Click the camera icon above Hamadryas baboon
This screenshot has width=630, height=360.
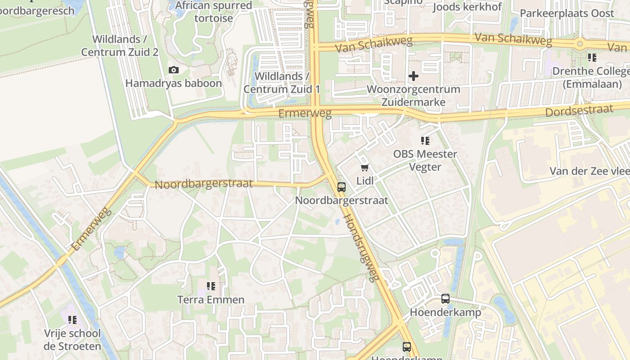tap(174, 70)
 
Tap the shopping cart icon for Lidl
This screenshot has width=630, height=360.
tap(364, 168)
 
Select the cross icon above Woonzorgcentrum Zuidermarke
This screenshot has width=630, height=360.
tap(413, 76)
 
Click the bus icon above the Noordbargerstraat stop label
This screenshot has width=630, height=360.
tap(342, 187)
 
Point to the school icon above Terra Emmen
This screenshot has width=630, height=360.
tap(211, 286)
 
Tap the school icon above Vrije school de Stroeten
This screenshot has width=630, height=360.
tap(72, 320)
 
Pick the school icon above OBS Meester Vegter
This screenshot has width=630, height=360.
tap(425, 141)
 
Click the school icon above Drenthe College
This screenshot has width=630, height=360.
tap(592, 58)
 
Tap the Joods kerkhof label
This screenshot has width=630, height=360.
tap(467, 7)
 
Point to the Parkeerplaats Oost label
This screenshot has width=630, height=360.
tap(567, 13)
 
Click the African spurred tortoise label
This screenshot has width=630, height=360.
tap(214, 12)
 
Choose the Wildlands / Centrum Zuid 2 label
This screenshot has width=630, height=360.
tap(120, 45)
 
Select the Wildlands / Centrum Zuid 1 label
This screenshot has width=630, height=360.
tap(282, 83)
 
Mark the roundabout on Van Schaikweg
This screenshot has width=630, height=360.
tap(580, 44)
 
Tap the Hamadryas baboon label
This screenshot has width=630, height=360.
tap(174, 83)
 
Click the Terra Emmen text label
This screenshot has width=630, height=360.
tap(211, 300)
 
